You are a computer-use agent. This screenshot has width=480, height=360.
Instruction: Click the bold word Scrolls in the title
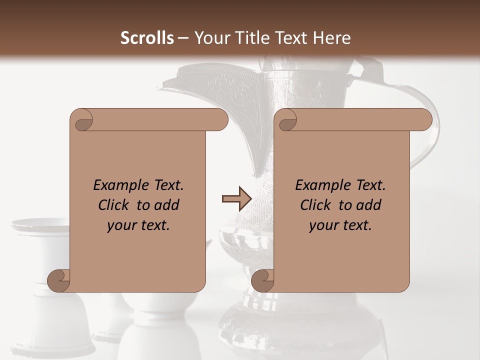[147, 38]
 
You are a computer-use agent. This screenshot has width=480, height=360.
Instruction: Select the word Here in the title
[331, 38]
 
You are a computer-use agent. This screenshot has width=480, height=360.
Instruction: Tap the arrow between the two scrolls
[236, 199]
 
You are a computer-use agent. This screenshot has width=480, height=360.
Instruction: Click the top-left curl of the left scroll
[82, 120]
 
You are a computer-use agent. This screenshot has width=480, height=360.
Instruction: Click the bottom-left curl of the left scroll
[58, 280]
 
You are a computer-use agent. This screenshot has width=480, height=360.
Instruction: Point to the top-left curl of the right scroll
[287, 120]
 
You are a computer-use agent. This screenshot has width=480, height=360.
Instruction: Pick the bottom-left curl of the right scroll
[262, 280]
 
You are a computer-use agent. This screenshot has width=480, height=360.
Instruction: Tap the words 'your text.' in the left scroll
[138, 225]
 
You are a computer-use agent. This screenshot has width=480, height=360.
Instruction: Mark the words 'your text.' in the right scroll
[340, 225]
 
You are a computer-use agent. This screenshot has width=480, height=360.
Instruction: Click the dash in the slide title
[183, 38]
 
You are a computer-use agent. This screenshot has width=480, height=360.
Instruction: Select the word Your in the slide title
[210, 38]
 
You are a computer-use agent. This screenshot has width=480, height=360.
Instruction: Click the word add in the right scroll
[369, 205]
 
